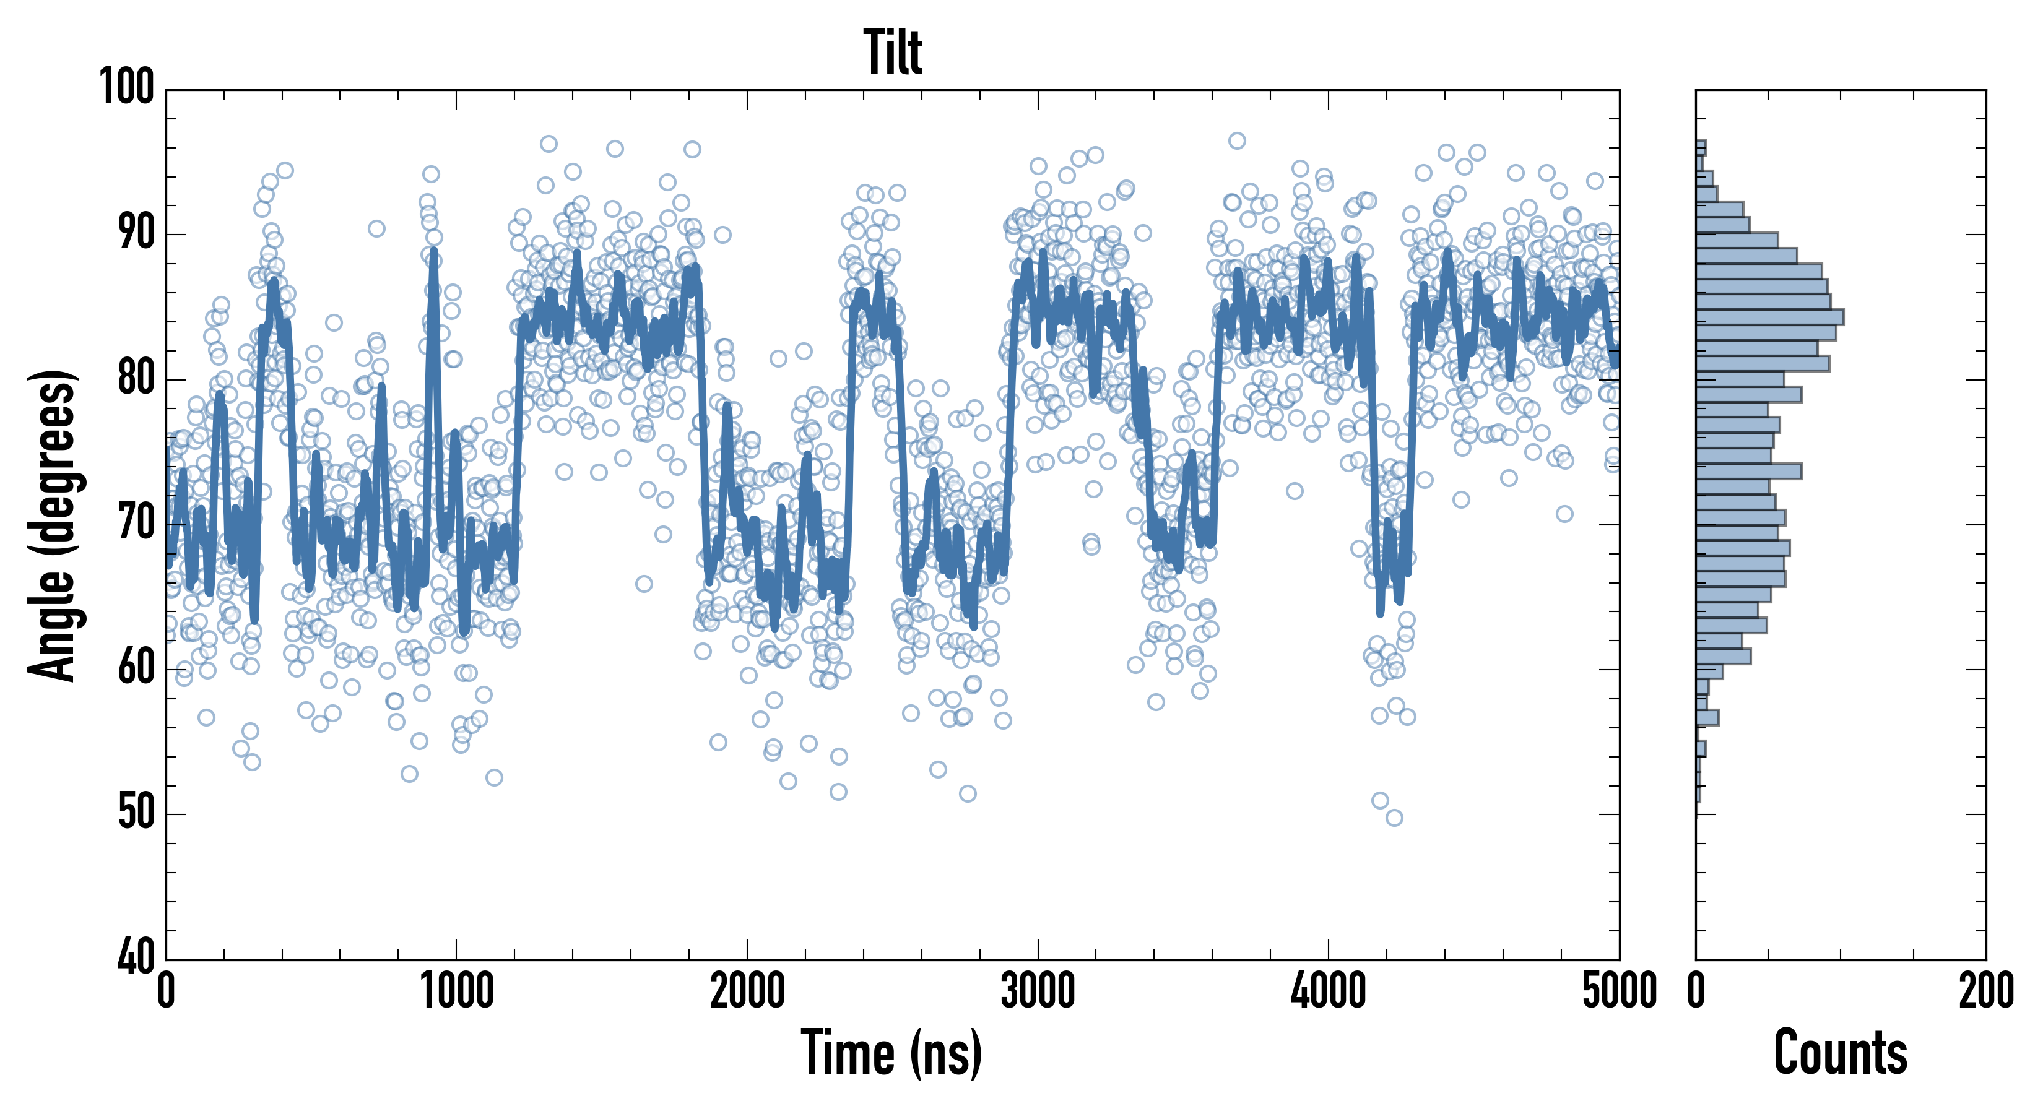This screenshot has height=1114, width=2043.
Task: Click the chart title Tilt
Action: pos(892,53)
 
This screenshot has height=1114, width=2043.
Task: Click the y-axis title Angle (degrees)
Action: pos(53,525)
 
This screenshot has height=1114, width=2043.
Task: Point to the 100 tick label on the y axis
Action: pos(127,87)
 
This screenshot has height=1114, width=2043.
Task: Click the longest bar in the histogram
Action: pos(1769,317)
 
